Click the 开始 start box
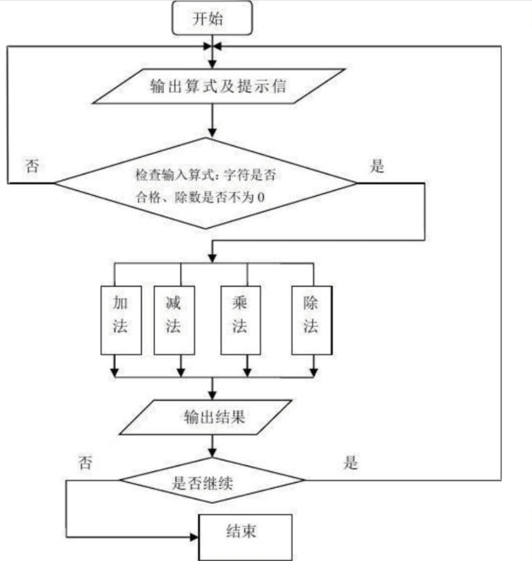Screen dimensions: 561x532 click(x=212, y=19)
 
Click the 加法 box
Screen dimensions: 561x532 click(x=121, y=319)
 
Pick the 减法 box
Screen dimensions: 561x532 click(x=174, y=319)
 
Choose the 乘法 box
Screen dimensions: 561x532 click(x=240, y=319)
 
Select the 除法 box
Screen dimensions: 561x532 click(x=312, y=319)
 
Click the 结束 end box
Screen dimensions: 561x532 click(x=247, y=533)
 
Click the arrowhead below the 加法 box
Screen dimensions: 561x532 click(x=115, y=371)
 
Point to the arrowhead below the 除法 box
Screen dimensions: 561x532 click(x=313, y=371)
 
